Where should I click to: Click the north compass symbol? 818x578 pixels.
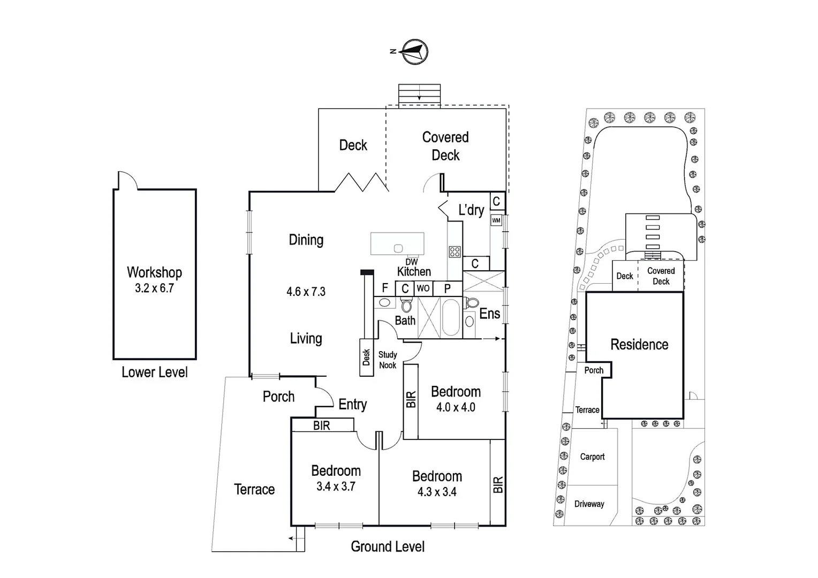coord(415,52)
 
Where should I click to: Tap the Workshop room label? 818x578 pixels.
coord(154,272)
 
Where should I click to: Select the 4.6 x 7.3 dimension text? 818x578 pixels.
coord(306,292)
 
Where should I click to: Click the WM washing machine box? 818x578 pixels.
coord(496,220)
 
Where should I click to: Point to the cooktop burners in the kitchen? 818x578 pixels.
coord(455,252)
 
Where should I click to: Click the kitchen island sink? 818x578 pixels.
coord(398,248)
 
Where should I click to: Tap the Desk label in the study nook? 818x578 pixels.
coord(366,358)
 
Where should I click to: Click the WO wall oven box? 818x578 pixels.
coord(423,288)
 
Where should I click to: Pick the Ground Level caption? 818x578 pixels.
coord(388,546)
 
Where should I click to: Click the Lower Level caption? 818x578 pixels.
coord(154,372)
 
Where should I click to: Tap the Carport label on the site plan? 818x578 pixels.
coord(592,457)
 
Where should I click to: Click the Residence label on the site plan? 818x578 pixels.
coord(639,344)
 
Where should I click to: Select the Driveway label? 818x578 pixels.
coord(589,504)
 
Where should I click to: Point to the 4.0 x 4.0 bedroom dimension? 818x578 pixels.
coord(456,407)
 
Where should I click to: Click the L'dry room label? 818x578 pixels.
coord(471,210)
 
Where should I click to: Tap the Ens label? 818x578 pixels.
coord(489,314)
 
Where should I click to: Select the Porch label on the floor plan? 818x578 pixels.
coord(278,397)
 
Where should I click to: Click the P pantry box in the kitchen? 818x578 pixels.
coord(448,288)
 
